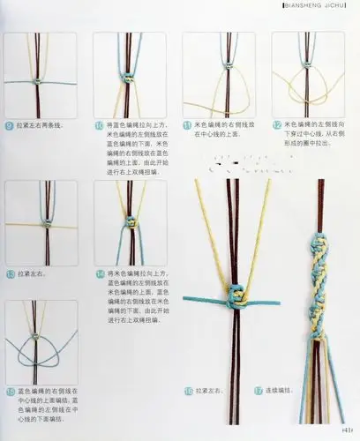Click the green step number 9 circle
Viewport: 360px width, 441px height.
[x=10, y=125]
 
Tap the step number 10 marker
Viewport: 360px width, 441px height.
[x=100, y=125]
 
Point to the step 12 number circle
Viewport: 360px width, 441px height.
[x=278, y=125]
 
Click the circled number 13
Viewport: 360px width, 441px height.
[x=10, y=274]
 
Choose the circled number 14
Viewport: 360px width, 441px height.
[x=100, y=274]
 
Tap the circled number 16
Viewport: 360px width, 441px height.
[x=189, y=389]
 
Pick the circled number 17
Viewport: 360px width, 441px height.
[x=258, y=389]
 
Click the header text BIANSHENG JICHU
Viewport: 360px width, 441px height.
[x=319, y=7]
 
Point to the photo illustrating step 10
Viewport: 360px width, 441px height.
[x=129, y=75]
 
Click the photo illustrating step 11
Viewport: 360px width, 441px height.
[x=218, y=75]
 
